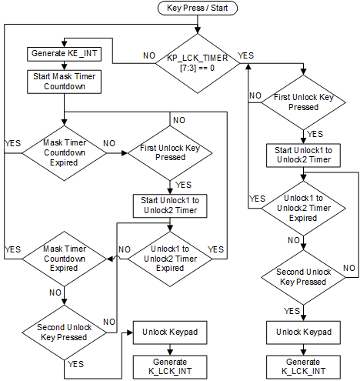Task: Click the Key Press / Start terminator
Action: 198,8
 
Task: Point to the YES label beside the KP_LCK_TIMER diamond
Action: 247,56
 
